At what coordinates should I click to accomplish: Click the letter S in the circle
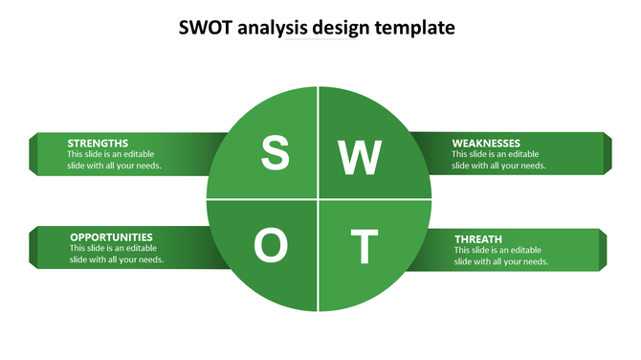point(275,153)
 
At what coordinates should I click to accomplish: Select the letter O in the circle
point(271,246)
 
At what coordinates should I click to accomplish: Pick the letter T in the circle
point(363,247)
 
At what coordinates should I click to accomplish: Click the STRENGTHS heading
point(98,143)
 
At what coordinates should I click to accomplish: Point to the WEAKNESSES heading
point(486,143)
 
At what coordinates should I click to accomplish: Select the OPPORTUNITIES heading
point(111,236)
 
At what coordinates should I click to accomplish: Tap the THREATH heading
point(478,238)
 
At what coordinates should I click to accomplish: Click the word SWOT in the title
point(204,28)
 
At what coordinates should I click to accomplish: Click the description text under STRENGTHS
point(114,160)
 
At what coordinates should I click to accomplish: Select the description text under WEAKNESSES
point(498,160)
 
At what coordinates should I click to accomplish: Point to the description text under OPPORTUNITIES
point(117,254)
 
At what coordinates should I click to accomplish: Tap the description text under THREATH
point(501,256)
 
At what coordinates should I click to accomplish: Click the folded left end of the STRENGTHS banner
point(33,153)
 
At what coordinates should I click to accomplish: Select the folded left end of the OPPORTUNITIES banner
point(33,247)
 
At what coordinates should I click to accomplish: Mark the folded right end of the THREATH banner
point(603,249)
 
